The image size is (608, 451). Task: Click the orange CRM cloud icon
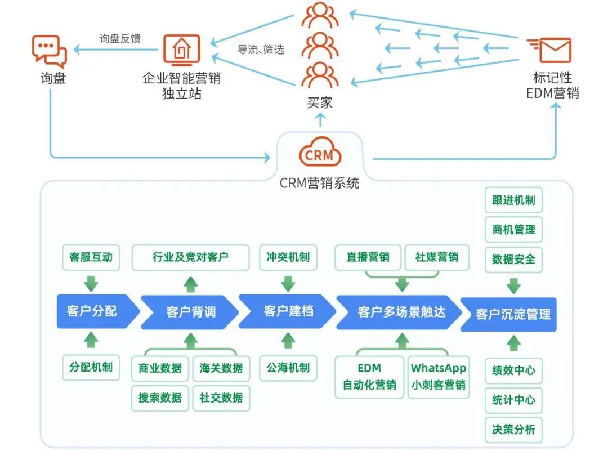tap(320, 151)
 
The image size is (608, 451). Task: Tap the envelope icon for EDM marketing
tap(551, 50)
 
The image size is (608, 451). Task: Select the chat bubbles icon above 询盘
tap(49, 51)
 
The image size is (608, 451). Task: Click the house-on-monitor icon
tap(181, 50)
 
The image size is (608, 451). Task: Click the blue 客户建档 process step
tap(288, 311)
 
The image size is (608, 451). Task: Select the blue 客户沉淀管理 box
tap(508, 314)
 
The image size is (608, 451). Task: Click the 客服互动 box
tap(91, 257)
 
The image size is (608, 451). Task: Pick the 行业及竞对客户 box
tap(190, 257)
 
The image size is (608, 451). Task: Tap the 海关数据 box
tap(221, 368)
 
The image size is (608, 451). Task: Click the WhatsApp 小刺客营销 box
tap(439, 377)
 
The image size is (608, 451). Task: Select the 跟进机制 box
tap(513, 200)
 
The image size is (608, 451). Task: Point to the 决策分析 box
tap(513, 430)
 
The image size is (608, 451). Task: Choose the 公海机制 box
tap(288, 368)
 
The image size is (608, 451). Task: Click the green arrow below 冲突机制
tap(288, 283)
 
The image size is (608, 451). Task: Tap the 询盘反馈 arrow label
tap(120, 38)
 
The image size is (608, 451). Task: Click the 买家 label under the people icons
tap(320, 103)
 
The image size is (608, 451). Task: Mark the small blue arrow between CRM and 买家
tap(320, 120)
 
